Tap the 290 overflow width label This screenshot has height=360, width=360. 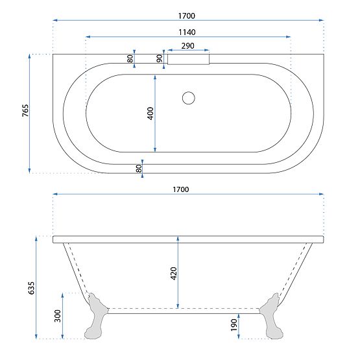188,46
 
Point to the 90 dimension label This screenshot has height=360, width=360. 160,58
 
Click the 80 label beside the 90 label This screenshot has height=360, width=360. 130,58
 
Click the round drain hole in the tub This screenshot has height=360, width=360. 189,98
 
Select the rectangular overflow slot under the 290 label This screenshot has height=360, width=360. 189,58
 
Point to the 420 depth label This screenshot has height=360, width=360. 173,272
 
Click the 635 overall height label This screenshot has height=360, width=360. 30,288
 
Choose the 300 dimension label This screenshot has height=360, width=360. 58,316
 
